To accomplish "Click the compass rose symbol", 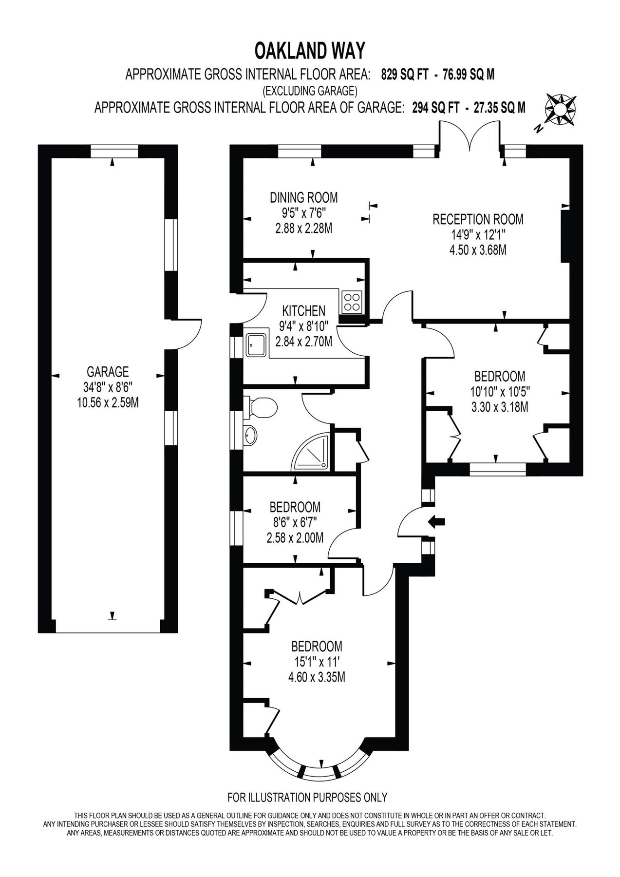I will (560, 109).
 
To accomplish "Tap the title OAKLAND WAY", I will (310, 51).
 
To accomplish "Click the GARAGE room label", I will (108, 372).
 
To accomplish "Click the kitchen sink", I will (256, 344).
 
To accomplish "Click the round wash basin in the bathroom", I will (250, 435).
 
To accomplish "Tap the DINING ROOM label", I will (303, 197).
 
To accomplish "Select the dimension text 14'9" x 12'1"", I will (478, 235).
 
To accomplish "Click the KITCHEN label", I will (303, 311).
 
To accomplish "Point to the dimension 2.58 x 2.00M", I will (295, 538).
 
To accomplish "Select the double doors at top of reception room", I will (470, 135).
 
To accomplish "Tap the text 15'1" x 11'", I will (317, 662).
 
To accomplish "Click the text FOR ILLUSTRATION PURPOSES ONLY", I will (307, 798).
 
